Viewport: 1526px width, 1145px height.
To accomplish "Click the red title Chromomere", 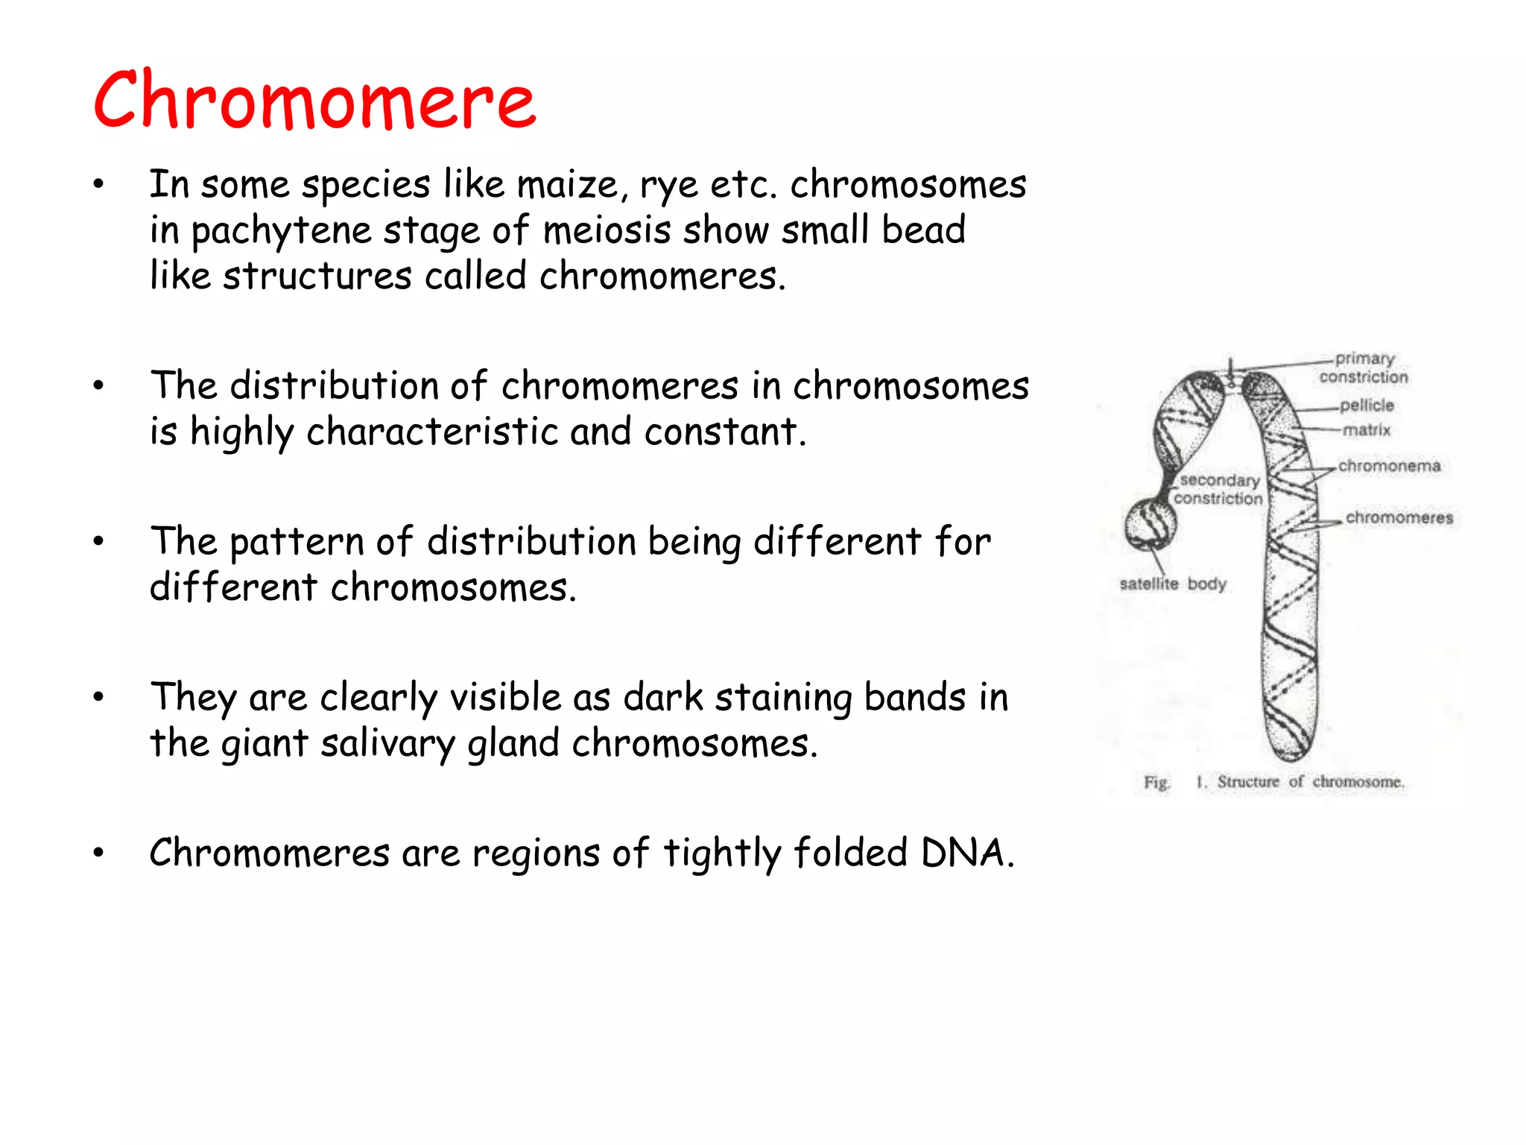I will point(314,100).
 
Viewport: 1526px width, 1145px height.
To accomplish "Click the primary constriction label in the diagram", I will point(1363,368).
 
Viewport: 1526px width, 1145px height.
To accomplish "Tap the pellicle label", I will point(1367,406).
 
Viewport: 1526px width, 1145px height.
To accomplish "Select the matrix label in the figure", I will point(1367,430).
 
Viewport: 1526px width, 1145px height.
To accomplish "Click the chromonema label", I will point(1389,466).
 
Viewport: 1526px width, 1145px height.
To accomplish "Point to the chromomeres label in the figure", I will point(1399,517).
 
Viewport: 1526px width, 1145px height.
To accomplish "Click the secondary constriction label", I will point(1219,489).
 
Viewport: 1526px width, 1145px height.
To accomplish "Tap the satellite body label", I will point(1172,584).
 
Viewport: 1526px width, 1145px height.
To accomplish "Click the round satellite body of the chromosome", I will point(1150,524).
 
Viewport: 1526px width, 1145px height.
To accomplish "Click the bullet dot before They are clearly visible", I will point(98,697).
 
